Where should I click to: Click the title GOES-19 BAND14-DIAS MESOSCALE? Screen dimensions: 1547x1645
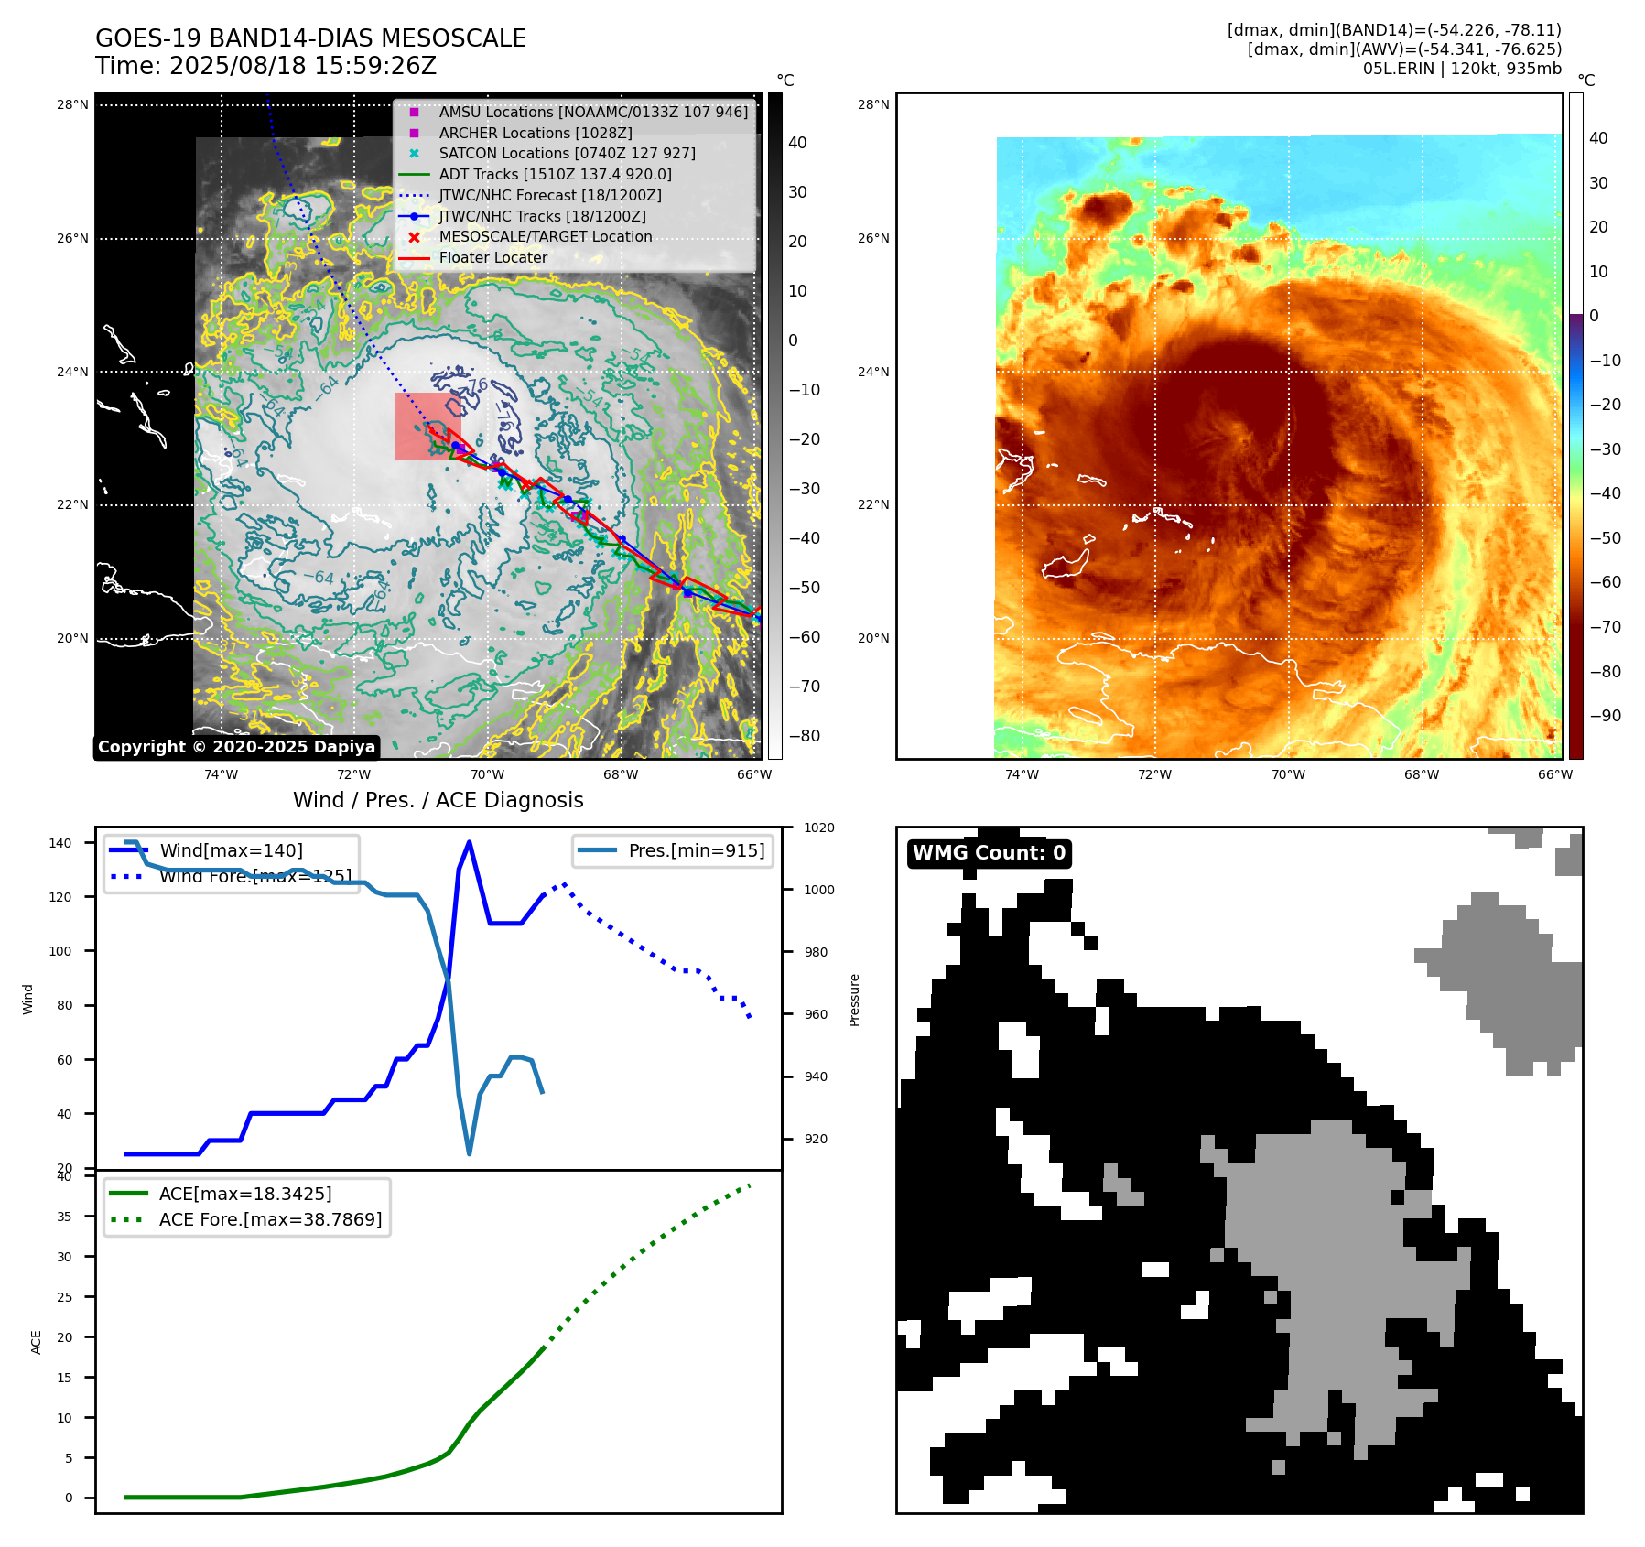[310, 38]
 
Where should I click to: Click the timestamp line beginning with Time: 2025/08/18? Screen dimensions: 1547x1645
[265, 66]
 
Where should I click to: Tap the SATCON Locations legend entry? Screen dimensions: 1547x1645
[567, 153]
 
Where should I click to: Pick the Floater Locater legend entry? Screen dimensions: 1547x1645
[492, 257]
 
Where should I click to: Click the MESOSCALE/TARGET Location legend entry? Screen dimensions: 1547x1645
[545, 236]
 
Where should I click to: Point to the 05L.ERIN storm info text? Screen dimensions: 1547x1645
[1461, 69]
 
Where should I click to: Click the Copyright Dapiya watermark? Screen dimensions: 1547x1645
[236, 747]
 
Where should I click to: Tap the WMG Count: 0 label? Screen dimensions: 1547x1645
[989, 853]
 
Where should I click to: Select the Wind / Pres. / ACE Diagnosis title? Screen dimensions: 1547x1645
[438, 800]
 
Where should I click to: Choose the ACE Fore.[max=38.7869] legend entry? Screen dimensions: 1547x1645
[270, 1219]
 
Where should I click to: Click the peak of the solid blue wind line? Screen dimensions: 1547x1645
[469, 842]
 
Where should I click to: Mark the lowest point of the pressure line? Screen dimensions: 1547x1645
[470, 1153]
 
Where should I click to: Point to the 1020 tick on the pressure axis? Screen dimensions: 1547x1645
[818, 828]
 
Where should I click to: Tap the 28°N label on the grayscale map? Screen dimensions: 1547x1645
[72, 104]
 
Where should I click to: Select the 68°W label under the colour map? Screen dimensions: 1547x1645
[1421, 774]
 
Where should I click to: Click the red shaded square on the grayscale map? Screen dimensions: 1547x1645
[427, 426]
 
